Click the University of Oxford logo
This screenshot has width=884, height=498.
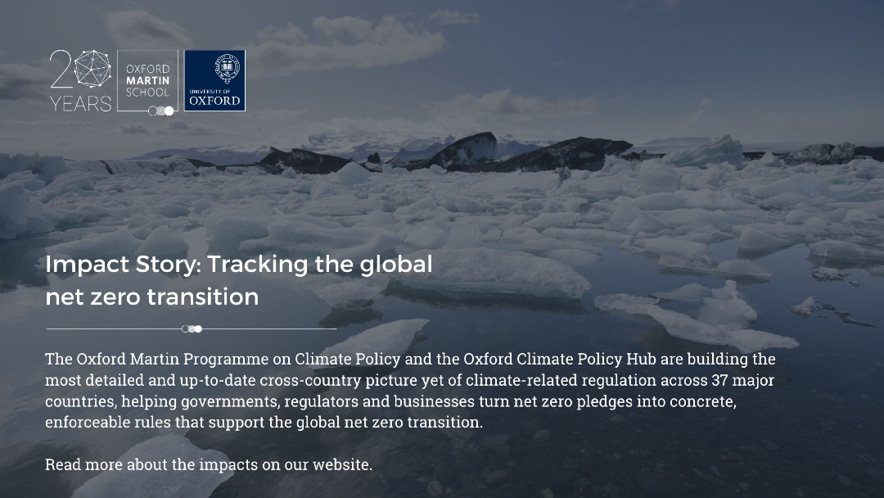point(214,80)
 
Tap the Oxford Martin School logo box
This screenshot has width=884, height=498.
point(147,80)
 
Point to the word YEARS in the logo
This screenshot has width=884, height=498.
point(80,104)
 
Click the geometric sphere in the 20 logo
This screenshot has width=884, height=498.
point(92,69)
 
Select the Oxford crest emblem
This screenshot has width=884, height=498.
point(228,69)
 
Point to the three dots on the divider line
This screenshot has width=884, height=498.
point(192,328)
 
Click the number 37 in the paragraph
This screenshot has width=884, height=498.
point(719,380)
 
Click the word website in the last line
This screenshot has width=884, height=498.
point(342,464)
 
